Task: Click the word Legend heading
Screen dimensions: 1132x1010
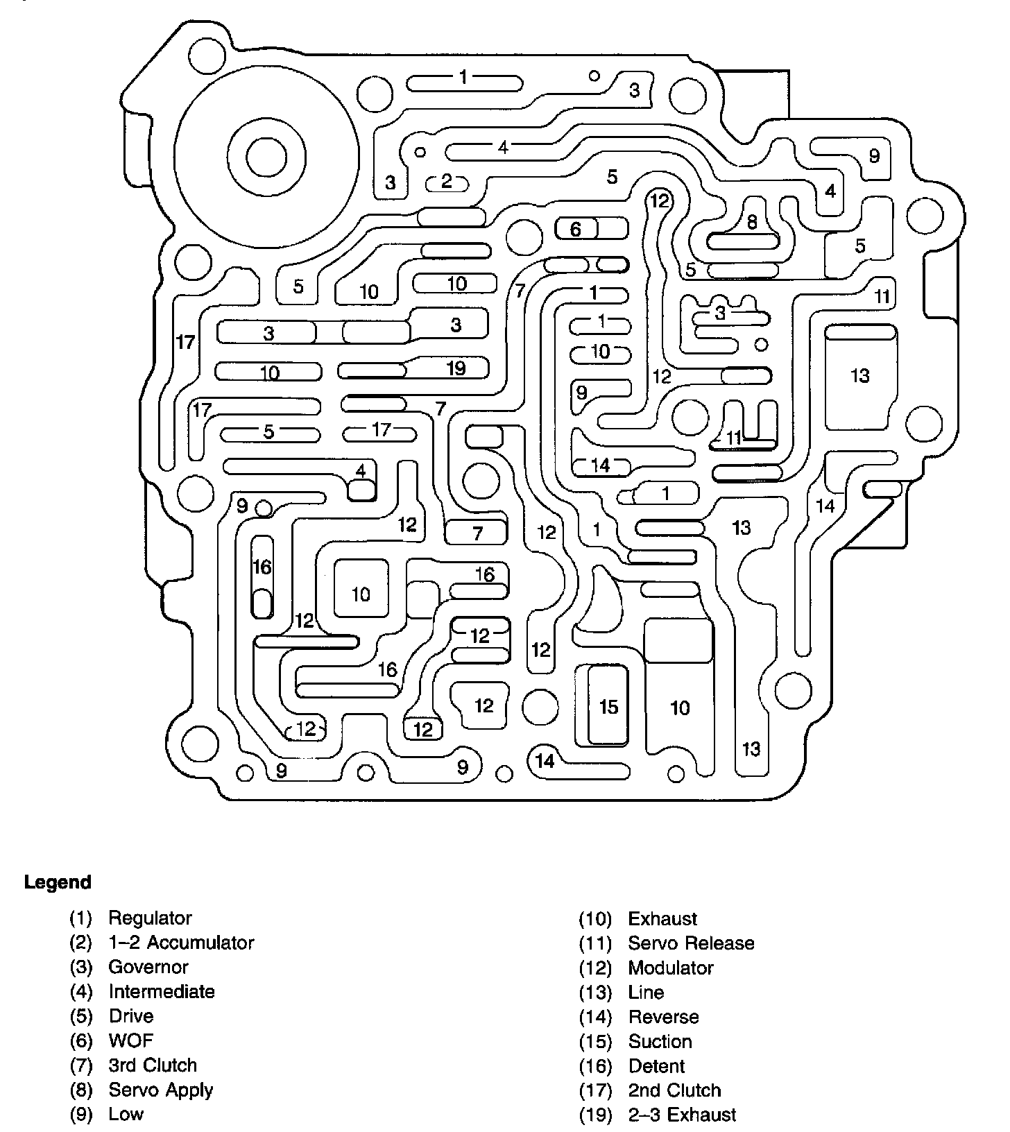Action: (58, 882)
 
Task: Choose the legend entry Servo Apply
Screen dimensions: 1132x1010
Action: (160, 1090)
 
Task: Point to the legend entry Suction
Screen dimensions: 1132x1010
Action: (660, 1041)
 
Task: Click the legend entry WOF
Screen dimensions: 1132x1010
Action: (130, 1040)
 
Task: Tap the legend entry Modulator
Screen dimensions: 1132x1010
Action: (671, 968)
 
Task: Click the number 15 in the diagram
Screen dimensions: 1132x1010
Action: (608, 706)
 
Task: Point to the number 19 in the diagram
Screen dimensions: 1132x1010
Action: (456, 368)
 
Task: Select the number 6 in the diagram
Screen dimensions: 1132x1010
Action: (575, 228)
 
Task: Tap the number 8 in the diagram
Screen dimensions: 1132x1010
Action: (752, 222)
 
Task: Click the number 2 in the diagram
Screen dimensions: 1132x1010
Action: (447, 181)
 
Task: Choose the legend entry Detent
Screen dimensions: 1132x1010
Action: (656, 1066)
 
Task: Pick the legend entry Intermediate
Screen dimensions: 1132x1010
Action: (162, 992)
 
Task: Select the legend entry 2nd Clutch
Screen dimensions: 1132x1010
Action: (674, 1090)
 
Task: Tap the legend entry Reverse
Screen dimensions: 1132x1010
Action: (663, 1017)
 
